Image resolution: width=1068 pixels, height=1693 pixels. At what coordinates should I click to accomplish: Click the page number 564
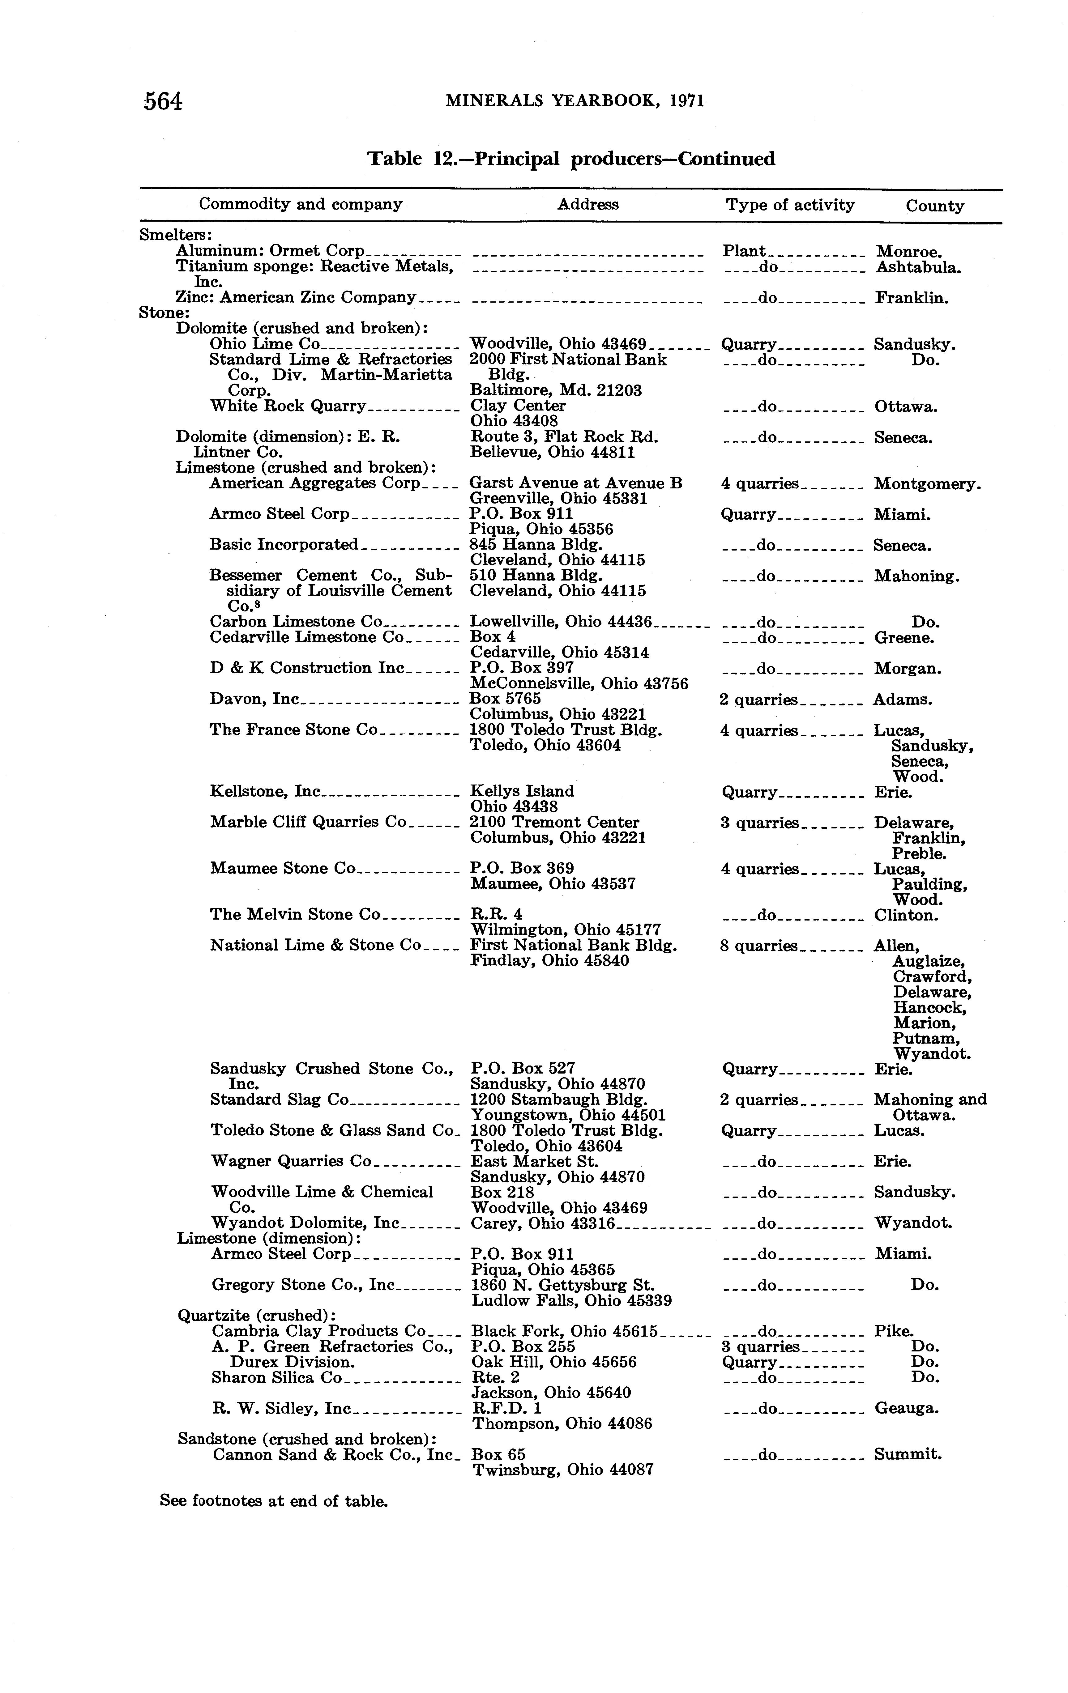tap(163, 102)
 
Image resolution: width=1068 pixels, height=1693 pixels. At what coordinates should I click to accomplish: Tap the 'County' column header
tap(934, 206)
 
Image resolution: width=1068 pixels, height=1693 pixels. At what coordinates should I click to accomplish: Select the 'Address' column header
tap(588, 205)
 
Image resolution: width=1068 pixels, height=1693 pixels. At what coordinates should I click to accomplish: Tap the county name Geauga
tap(906, 1408)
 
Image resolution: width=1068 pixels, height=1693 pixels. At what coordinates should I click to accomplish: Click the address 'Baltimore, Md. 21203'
tap(555, 390)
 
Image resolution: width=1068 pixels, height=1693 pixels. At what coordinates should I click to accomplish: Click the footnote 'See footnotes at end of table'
tap(274, 1501)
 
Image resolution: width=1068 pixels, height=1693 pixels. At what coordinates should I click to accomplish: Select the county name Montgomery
tap(927, 484)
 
